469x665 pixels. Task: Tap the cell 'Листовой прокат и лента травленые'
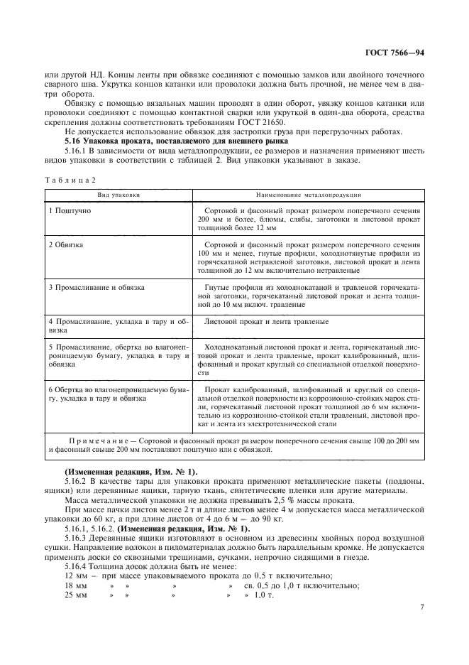[265, 321]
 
